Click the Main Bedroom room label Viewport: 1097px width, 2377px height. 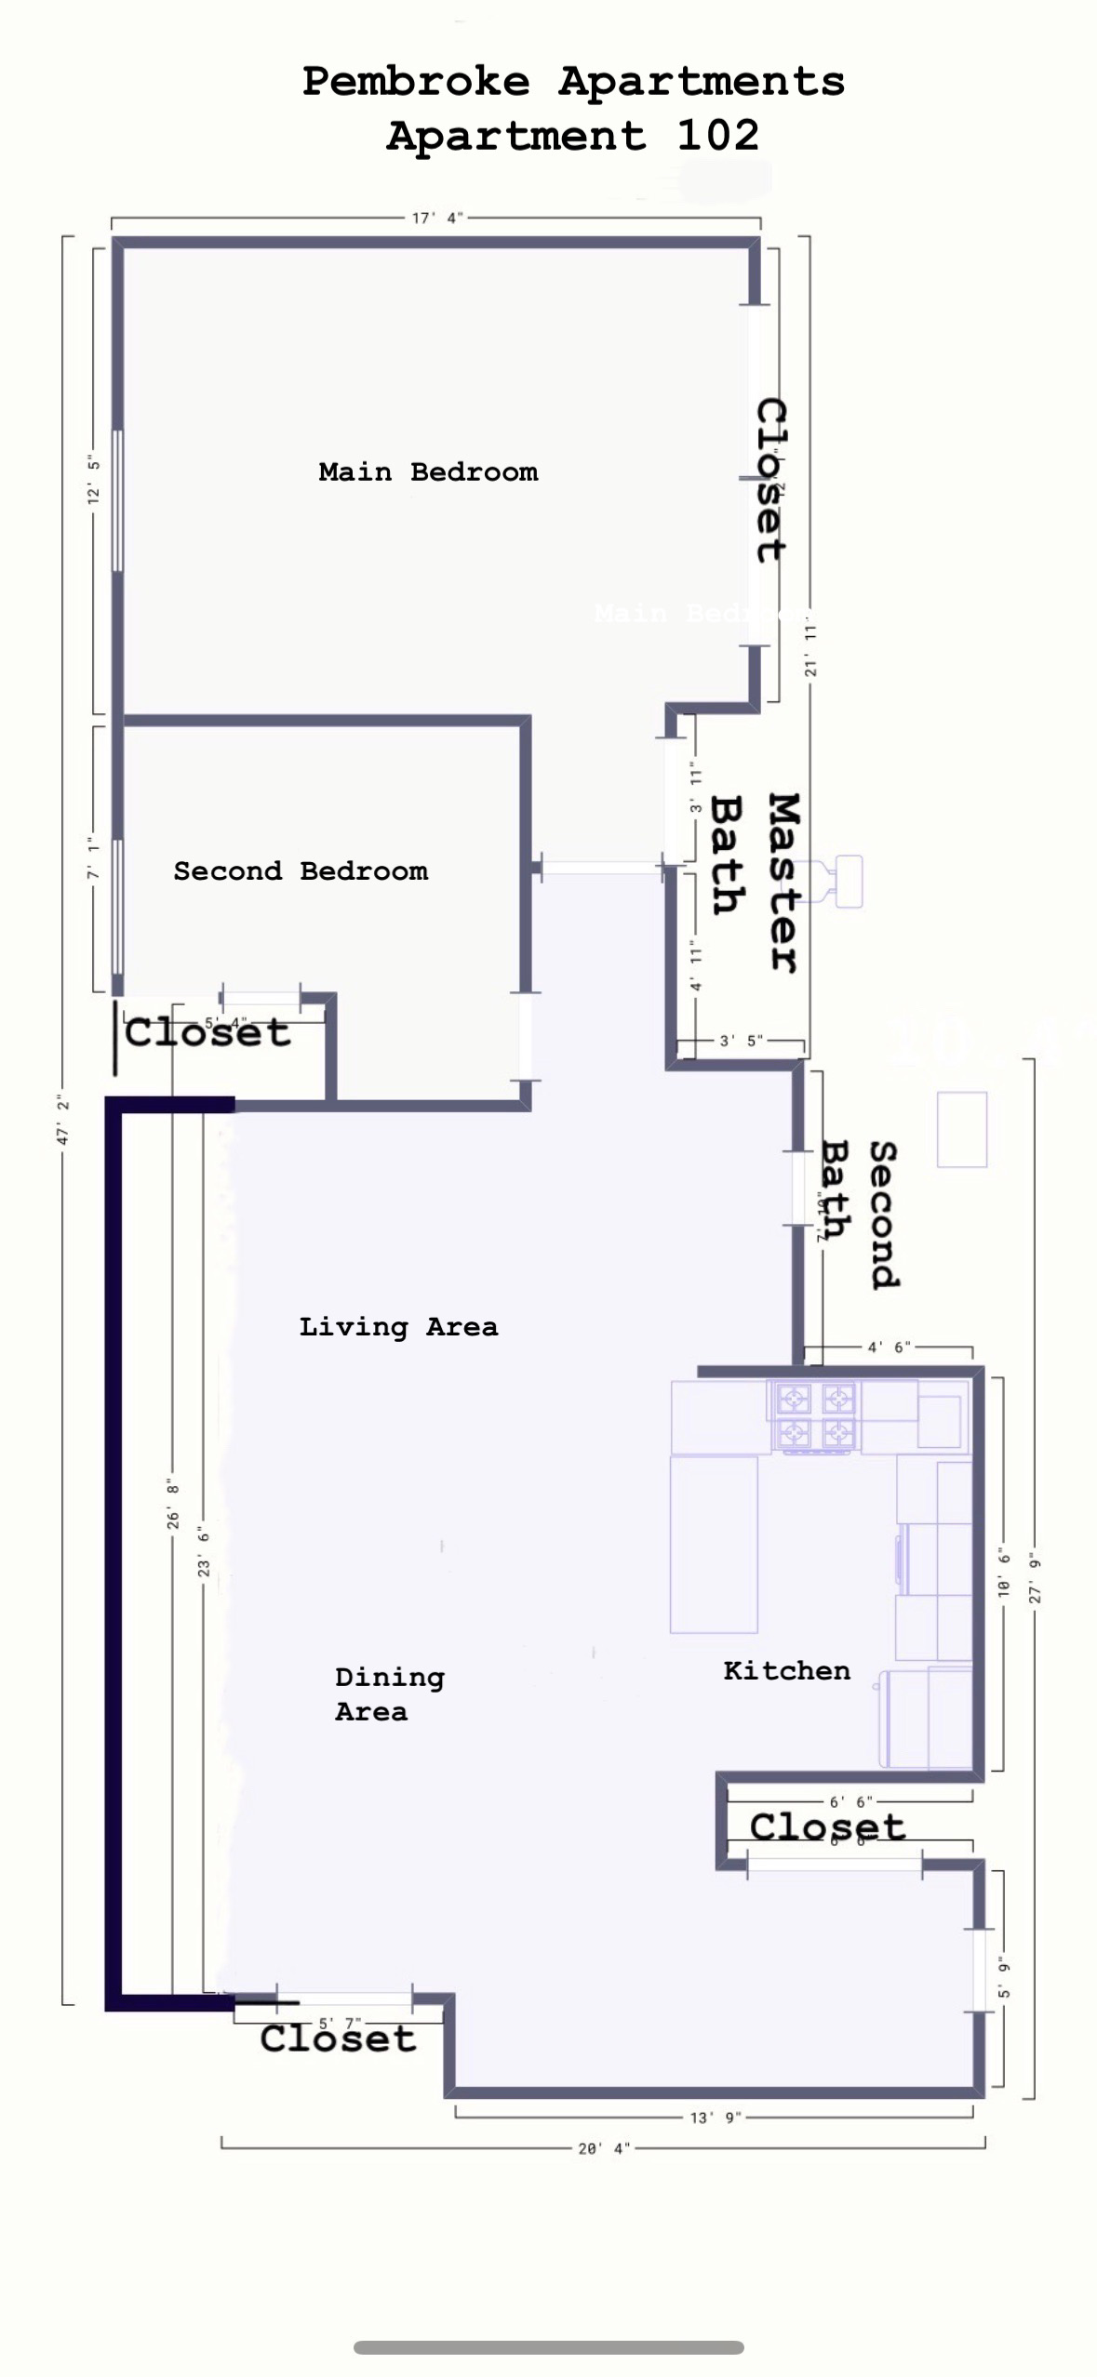428,471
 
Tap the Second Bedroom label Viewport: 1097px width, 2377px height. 301,871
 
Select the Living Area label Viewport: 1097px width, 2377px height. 398,1326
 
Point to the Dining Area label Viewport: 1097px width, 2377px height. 389,1693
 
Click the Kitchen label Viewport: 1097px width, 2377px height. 786,1670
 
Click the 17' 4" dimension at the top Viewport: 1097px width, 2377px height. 437,219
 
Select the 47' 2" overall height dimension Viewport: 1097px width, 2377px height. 63,1120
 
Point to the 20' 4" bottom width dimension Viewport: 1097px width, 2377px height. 604,2148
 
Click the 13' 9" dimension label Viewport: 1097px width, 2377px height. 715,2118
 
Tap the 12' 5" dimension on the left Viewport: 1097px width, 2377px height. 93,480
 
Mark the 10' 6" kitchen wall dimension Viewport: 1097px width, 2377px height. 1003,1573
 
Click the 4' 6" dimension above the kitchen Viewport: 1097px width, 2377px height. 889,1347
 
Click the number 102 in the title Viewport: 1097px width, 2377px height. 717,136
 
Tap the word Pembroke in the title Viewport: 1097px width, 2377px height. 416,82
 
